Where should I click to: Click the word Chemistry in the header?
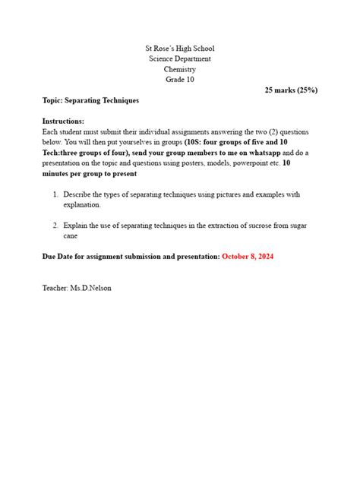(180, 69)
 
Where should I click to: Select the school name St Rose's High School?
(180, 48)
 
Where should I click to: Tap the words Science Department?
(180, 58)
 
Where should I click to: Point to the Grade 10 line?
(180, 80)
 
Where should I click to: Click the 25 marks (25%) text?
(291, 90)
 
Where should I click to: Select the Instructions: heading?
(63, 122)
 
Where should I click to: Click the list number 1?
(55, 194)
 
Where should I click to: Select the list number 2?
(55, 226)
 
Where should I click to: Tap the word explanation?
(82, 205)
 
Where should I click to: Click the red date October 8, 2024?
(248, 257)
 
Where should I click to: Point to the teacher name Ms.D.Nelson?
(91, 289)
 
